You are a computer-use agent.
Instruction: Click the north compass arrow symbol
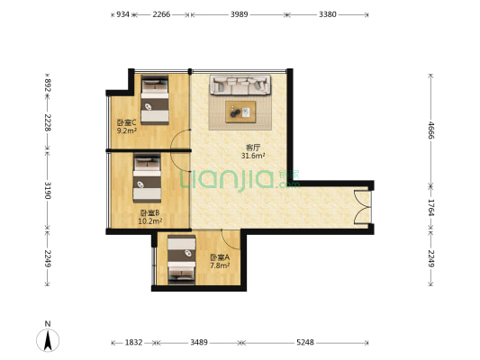click(48, 340)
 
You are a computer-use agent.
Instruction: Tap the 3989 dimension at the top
click(239, 14)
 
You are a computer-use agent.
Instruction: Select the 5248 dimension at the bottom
click(305, 342)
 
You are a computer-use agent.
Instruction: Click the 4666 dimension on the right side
click(430, 130)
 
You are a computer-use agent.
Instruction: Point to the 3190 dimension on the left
click(48, 190)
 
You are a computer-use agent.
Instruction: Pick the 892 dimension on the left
click(48, 85)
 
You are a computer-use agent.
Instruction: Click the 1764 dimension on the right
click(430, 208)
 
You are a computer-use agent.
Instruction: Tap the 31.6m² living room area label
click(253, 156)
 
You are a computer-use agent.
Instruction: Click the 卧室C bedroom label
click(126, 123)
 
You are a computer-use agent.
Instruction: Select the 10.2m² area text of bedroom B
click(150, 220)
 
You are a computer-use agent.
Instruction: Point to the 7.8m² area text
click(220, 265)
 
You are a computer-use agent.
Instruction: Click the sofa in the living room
click(240, 85)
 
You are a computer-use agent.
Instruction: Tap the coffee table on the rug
click(240, 112)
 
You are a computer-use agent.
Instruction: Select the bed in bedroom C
click(155, 100)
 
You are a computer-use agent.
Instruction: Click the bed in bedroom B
click(147, 178)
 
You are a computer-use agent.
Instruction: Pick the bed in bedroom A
click(182, 260)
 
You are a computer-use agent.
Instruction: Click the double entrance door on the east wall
click(363, 208)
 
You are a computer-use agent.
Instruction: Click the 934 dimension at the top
click(122, 14)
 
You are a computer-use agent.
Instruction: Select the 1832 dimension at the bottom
click(133, 342)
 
